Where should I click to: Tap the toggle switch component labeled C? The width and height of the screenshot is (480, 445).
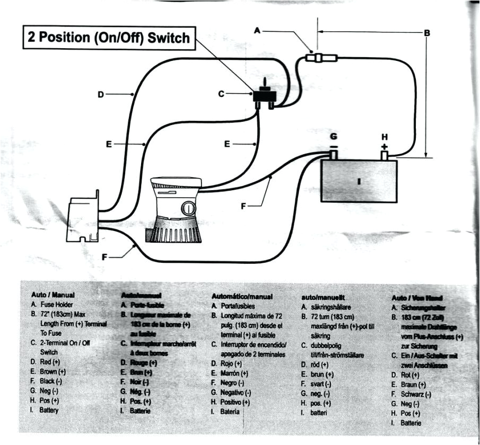point(263,96)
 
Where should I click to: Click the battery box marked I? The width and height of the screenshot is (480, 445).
point(359,181)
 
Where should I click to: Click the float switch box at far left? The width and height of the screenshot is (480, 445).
point(83,218)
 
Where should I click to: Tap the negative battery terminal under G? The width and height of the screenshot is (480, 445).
point(333,154)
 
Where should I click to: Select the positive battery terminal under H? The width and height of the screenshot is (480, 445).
point(384,155)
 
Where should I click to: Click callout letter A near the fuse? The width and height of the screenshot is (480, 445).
point(257,31)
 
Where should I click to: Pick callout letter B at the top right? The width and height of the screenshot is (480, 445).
point(426,33)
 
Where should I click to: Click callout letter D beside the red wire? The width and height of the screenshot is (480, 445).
point(101,95)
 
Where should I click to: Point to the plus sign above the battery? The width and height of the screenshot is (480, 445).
point(385,146)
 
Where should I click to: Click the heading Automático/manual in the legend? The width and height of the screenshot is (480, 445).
point(242,297)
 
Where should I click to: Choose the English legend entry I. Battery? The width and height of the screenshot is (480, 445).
point(45,410)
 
